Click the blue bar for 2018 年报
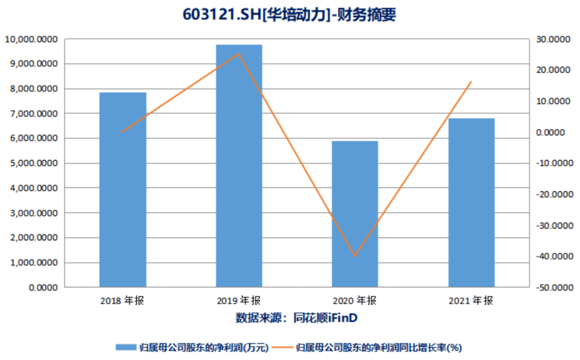[122, 190]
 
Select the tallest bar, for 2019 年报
[239, 165]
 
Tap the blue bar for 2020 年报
[355, 214]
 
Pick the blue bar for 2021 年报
[472, 203]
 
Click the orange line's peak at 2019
[239, 54]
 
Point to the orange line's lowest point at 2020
[355, 256]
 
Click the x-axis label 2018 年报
[122, 301]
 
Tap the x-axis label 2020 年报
[355, 301]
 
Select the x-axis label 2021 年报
[472, 301]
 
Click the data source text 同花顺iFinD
[325, 318]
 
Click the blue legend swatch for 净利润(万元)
[127, 347]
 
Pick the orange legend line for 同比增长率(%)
[282, 347]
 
